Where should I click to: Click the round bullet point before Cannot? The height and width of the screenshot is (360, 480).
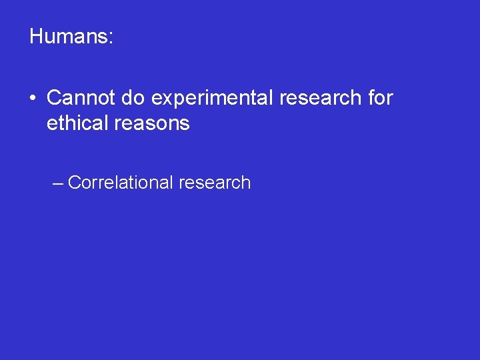click(x=32, y=99)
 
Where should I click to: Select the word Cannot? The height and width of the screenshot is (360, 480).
click(x=81, y=98)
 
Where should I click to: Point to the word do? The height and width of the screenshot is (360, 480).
click(x=134, y=98)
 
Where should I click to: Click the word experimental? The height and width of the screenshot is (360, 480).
click(x=213, y=99)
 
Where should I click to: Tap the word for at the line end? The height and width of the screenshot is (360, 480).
click(x=380, y=98)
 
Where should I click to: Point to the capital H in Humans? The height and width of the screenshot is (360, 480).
click(x=36, y=36)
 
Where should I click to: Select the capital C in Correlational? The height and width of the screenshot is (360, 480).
click(x=73, y=183)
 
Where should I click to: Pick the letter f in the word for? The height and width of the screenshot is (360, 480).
click(x=371, y=98)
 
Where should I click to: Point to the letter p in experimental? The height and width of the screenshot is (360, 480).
click(x=176, y=100)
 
